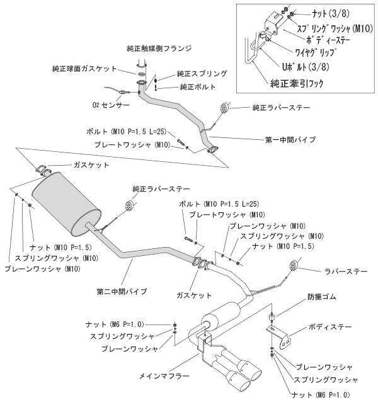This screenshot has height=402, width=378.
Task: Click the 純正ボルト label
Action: tap(197, 87)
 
